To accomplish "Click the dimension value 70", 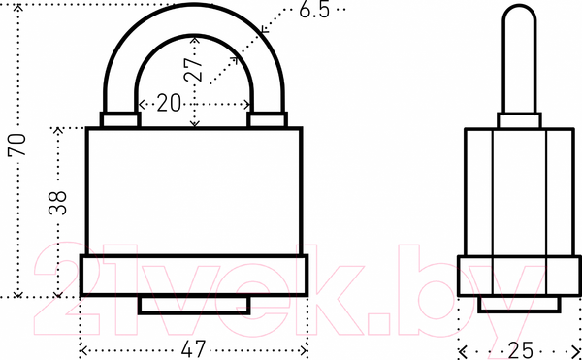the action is click(17, 144).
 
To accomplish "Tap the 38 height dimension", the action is click(57, 203).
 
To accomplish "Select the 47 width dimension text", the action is click(194, 349).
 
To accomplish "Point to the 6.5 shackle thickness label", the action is click(314, 10).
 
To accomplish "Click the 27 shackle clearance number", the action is click(194, 70).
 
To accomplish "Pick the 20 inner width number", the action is click(169, 103).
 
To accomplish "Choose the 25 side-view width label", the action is click(520, 350).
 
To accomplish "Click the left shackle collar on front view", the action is click(120, 120).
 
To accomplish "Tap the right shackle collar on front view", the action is click(268, 120).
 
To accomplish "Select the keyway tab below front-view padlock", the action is click(194, 305).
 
